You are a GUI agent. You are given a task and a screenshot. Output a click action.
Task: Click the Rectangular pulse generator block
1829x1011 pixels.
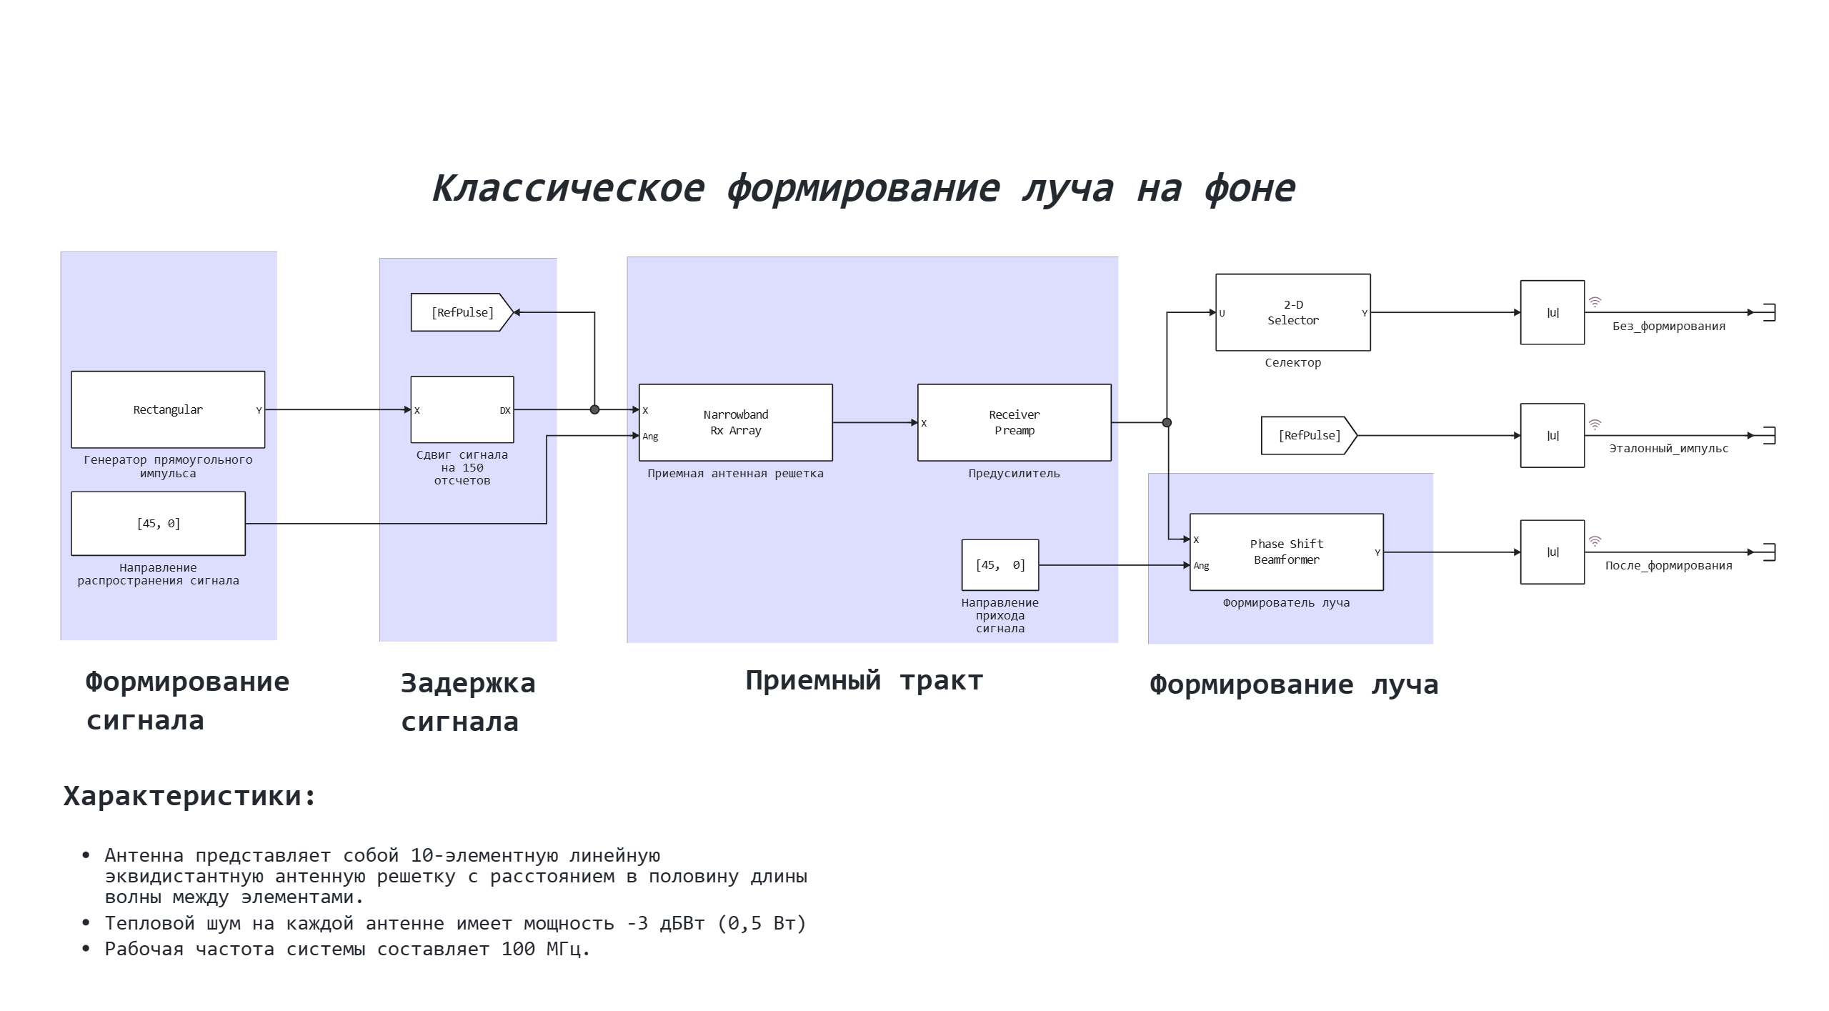pos(168,409)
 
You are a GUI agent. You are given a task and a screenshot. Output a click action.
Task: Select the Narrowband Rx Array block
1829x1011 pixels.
pos(735,422)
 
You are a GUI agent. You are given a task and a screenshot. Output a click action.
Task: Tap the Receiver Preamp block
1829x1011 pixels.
pos(1014,422)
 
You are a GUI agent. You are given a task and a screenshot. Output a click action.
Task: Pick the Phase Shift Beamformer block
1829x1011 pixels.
pos(1286,552)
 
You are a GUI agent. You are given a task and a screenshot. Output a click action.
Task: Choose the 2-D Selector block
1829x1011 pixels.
pos(1292,312)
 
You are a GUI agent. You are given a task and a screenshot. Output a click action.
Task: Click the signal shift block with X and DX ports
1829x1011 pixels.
pos(462,409)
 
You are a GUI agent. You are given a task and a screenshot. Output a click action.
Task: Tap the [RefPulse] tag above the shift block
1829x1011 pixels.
pos(462,312)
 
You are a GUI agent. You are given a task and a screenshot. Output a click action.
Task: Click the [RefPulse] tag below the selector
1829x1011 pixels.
pos(1308,435)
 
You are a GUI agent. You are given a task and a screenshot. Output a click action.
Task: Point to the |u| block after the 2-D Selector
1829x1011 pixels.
pos(1552,312)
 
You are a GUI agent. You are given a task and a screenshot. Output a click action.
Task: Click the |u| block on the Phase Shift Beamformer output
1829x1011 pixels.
pos(1552,552)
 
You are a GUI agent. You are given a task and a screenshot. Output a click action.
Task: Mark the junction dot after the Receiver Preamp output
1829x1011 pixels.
pos(1167,422)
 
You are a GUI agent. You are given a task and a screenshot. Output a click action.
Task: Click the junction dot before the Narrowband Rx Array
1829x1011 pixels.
pos(594,409)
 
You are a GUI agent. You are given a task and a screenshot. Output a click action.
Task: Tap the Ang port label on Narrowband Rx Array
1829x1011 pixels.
pos(650,437)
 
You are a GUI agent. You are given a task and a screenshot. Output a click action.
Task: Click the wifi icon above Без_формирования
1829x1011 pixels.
pos(1595,302)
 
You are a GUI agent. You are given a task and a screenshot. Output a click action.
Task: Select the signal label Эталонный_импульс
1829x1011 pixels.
pos(1668,449)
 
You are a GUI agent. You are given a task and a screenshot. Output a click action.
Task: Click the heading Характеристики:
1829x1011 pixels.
pos(189,796)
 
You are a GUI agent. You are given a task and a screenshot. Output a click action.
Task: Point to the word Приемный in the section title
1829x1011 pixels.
pos(812,681)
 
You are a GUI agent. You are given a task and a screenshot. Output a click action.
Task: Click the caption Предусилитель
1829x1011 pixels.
pos(1014,473)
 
